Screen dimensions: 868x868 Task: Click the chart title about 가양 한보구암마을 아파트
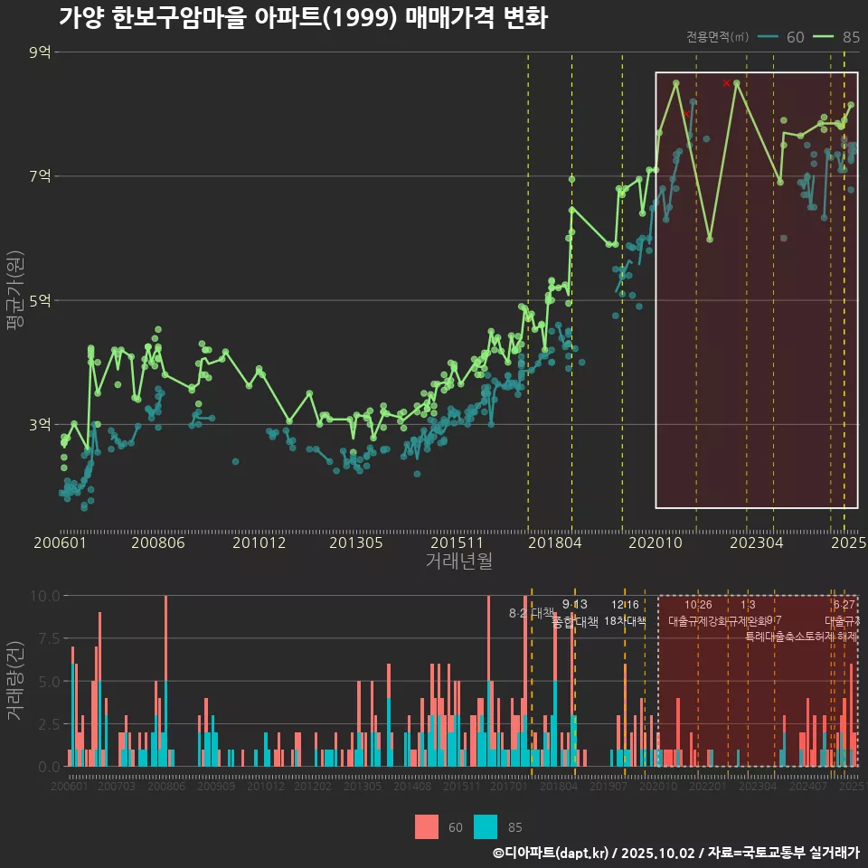(x=303, y=18)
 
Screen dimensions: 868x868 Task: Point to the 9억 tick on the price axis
(x=40, y=52)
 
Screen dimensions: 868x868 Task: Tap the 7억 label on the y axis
(x=40, y=176)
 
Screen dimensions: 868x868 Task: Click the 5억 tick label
(x=40, y=300)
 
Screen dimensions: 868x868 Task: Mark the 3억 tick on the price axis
(x=40, y=424)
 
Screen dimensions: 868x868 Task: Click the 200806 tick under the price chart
(x=158, y=543)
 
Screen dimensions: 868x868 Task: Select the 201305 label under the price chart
(x=355, y=543)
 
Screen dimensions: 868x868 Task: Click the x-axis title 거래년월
(x=458, y=561)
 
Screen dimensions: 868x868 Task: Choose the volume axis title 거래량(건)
(x=14, y=681)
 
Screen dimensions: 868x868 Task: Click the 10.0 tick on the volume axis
(x=43, y=596)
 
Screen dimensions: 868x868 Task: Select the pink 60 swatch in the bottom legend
(x=427, y=826)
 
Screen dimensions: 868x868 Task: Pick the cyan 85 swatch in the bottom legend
(x=486, y=826)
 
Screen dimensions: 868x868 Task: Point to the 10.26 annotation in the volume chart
(x=698, y=605)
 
